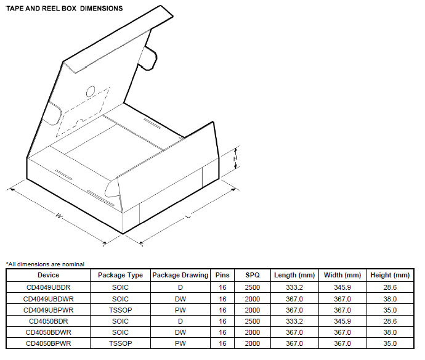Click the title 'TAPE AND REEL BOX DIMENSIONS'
pyautogui.click(x=64, y=9)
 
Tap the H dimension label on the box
pyautogui.click(x=235, y=159)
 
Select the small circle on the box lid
pyautogui.click(x=91, y=91)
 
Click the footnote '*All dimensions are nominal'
pyautogui.click(x=45, y=264)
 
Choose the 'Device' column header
pyautogui.click(x=48, y=275)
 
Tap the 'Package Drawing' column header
pyautogui.click(x=180, y=275)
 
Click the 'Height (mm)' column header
pyautogui.click(x=389, y=275)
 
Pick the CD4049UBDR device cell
pyautogui.click(x=48, y=287)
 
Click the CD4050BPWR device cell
pyautogui.click(x=48, y=343)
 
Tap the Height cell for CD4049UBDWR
pyautogui.click(x=389, y=298)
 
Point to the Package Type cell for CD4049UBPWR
pyautogui.click(x=121, y=309)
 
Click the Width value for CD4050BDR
pyautogui.click(x=342, y=321)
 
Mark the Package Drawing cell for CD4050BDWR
pyautogui.click(x=180, y=332)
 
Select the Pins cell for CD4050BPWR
pyautogui.click(x=222, y=343)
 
